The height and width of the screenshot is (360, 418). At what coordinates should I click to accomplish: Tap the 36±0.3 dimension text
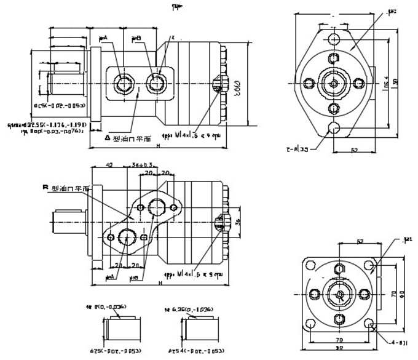[x=143, y=165]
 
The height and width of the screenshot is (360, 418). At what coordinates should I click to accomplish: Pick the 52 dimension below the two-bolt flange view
[x=353, y=149]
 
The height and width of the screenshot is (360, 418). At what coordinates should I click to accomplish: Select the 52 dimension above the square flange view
[x=360, y=242]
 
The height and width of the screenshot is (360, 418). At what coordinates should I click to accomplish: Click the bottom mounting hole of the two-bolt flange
[x=334, y=129]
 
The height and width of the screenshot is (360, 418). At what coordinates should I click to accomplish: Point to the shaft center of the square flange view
[x=339, y=294]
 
